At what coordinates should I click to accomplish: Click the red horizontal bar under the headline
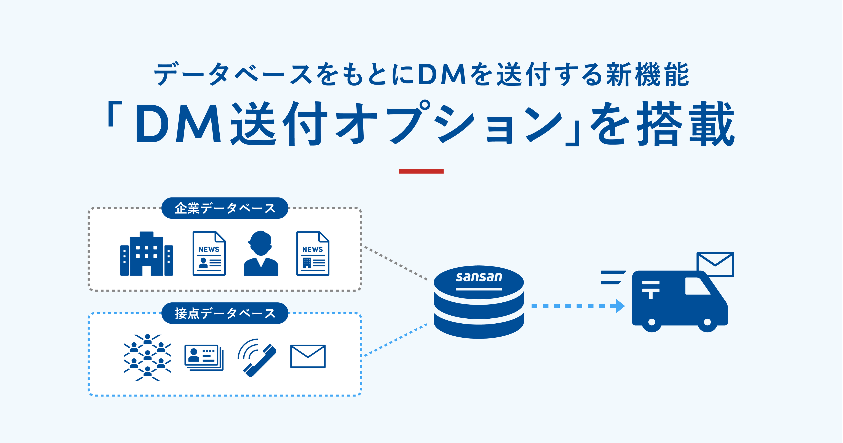click(x=421, y=171)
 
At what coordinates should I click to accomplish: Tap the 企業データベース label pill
click(x=225, y=208)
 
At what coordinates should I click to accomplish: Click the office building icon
click(x=147, y=254)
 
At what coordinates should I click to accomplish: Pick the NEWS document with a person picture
click(x=209, y=254)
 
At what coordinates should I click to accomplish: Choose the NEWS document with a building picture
click(x=313, y=254)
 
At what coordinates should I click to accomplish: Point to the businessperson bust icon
click(x=261, y=253)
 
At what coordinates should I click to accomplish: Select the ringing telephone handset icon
click(x=257, y=358)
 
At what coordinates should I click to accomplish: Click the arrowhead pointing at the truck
click(x=620, y=306)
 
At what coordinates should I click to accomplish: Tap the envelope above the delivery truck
click(x=715, y=264)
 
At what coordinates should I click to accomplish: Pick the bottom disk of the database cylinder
click(x=479, y=326)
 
